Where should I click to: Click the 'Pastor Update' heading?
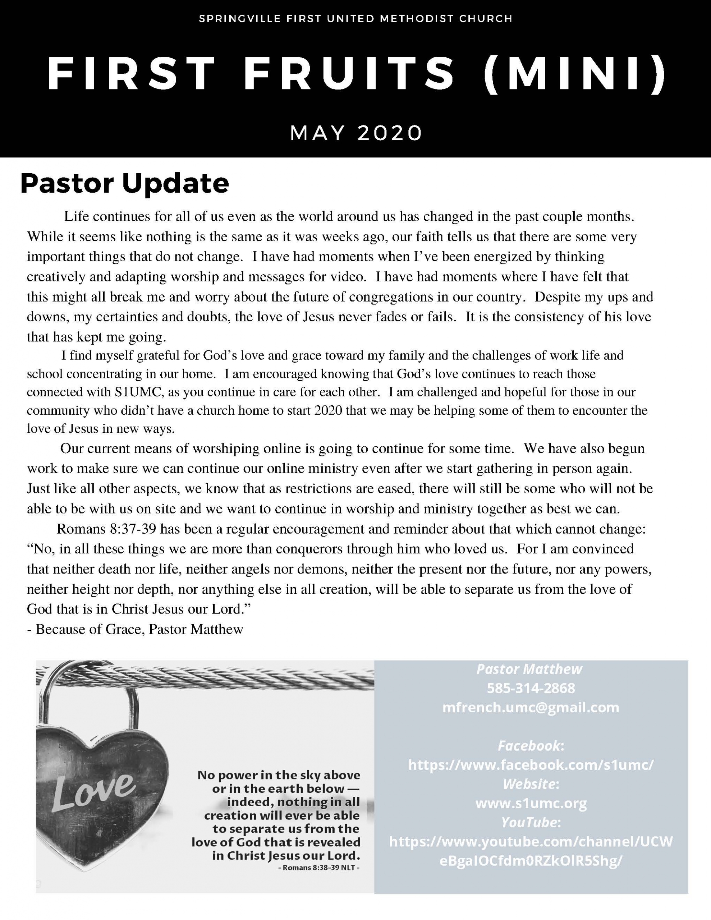click(x=124, y=184)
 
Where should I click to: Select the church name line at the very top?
click(x=355, y=19)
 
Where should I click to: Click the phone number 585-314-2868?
click(x=531, y=688)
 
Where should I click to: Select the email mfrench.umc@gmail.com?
click(x=531, y=707)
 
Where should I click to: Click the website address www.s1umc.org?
click(x=531, y=803)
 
